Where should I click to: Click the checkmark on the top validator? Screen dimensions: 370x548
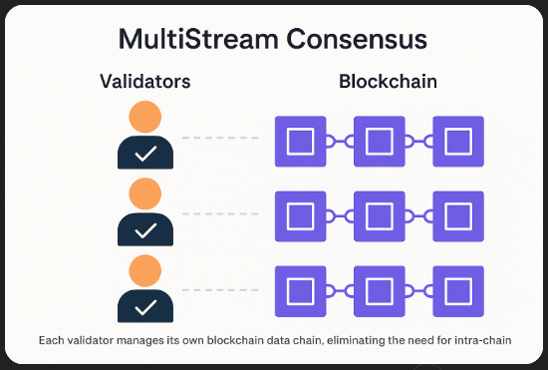(145, 154)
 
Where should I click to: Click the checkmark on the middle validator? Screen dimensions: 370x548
(145, 228)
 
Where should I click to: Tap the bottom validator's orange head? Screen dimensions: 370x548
(145, 267)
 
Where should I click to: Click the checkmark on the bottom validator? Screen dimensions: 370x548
(145, 302)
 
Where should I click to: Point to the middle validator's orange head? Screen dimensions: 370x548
(145, 193)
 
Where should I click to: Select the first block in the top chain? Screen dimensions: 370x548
(300, 142)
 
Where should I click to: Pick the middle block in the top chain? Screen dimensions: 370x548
(379, 142)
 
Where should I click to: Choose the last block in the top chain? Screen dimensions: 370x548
(457, 142)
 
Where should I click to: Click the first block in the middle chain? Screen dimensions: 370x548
(300, 215)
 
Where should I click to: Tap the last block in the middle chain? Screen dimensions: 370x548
(457, 215)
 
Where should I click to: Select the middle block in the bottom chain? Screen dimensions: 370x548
(379, 289)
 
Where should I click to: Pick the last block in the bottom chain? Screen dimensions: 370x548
(457, 289)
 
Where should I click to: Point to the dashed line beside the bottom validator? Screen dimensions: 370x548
(221, 289)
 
